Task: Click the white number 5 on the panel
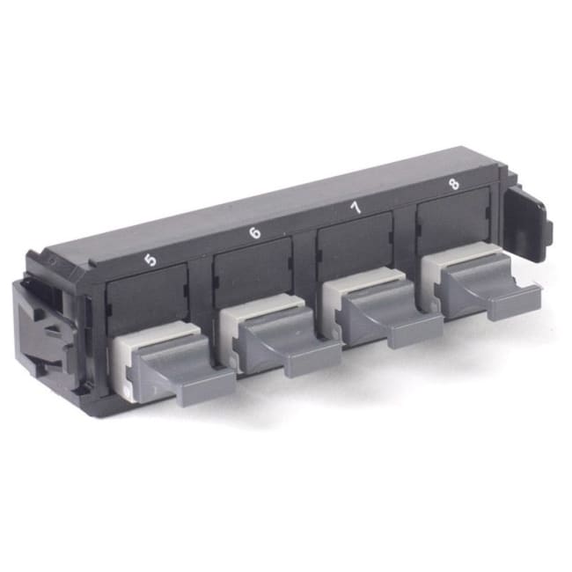pyautogui.click(x=150, y=260)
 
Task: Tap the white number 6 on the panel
pyautogui.click(x=255, y=233)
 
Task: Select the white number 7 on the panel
pyautogui.click(x=356, y=209)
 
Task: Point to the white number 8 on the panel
pyautogui.click(x=453, y=185)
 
